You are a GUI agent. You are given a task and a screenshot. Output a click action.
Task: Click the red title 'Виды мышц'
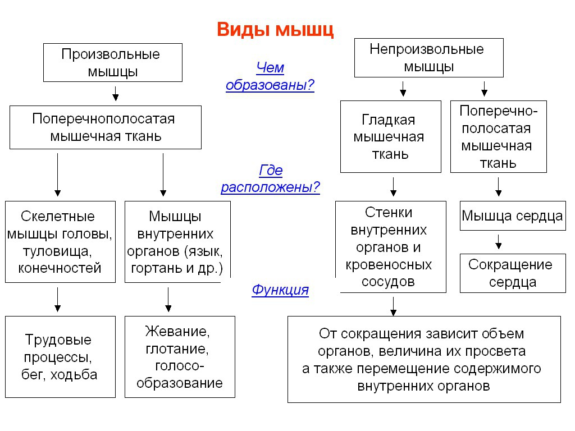click(x=275, y=30)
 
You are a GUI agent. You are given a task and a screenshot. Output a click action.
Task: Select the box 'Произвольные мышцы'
click(x=112, y=63)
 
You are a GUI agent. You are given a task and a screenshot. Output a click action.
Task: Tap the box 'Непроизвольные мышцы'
click(x=428, y=58)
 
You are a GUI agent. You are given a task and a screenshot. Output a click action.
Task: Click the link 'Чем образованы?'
click(x=270, y=76)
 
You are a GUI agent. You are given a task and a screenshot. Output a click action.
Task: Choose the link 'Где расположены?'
click(x=270, y=178)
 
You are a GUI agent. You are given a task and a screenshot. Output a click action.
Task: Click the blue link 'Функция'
click(x=280, y=290)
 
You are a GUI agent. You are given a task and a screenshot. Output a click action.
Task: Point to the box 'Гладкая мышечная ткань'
click(x=391, y=137)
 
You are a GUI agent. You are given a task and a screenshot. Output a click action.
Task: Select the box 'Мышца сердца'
click(x=513, y=216)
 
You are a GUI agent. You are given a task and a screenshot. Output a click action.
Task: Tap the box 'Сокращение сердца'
click(x=513, y=273)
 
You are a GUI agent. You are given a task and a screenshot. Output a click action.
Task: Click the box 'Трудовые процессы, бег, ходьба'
click(x=60, y=357)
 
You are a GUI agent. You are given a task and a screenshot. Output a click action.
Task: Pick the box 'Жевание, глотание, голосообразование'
click(x=180, y=357)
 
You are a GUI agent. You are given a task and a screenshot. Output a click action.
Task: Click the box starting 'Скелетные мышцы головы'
click(x=60, y=242)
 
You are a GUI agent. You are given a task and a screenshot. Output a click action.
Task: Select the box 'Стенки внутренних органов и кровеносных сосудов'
click(x=391, y=247)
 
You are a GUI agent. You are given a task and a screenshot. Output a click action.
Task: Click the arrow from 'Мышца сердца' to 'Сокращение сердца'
click(x=499, y=242)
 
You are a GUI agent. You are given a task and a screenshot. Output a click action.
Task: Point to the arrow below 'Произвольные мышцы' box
click(x=116, y=94)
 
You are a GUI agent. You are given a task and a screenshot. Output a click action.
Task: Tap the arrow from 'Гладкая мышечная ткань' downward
click(x=394, y=187)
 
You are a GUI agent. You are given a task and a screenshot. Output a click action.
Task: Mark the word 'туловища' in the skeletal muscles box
click(x=57, y=251)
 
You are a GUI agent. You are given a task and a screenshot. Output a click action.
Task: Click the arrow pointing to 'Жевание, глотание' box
click(x=168, y=300)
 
